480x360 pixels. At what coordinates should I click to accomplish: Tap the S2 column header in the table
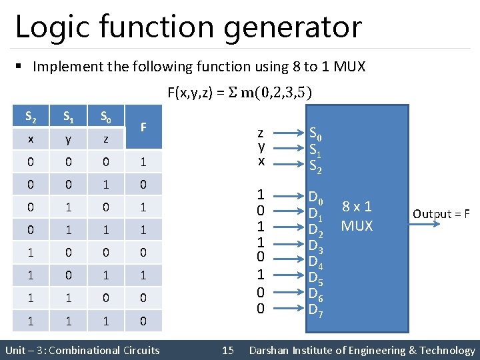tap(31, 117)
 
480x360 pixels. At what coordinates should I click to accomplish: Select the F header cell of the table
tap(143, 127)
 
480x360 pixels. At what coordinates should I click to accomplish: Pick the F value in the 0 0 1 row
tap(143, 184)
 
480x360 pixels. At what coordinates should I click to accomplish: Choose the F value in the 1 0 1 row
tap(143, 275)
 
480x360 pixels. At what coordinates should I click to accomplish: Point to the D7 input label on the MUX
tap(316, 309)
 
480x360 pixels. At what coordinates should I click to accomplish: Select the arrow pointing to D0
tap(287, 197)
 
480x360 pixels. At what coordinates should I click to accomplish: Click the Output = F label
tap(441, 214)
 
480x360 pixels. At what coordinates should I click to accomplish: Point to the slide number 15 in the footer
tap(228, 350)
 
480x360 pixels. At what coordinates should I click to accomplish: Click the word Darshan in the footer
tap(270, 350)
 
